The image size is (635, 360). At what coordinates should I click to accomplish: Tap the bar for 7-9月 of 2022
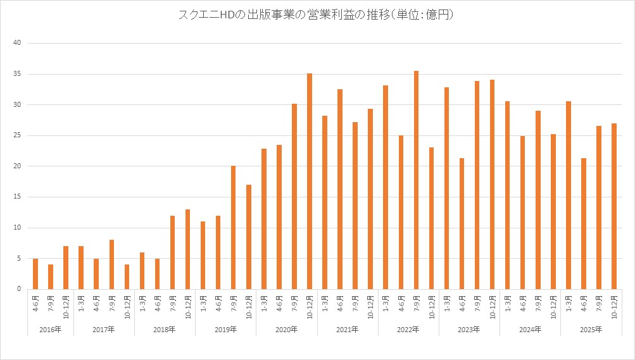tap(416, 180)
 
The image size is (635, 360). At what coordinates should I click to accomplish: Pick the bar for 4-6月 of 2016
tap(35, 274)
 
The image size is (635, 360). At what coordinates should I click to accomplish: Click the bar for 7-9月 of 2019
tap(233, 228)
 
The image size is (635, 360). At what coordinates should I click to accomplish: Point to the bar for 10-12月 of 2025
tap(614, 206)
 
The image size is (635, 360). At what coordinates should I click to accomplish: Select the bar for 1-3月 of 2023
tap(446, 189)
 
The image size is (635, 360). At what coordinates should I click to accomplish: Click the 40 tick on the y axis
tap(18, 43)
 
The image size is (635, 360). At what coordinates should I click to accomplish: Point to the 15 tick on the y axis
tap(18, 197)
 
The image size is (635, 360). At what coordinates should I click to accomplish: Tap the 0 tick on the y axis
tap(20, 289)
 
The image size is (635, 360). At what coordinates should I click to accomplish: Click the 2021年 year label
tap(348, 330)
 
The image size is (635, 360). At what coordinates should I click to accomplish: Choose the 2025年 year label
tap(591, 330)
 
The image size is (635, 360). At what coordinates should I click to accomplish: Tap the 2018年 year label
tap(165, 330)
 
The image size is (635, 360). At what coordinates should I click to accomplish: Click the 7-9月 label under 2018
tap(172, 305)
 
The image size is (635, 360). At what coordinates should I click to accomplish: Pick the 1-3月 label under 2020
tap(264, 305)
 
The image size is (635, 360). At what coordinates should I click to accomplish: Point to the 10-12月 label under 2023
tap(492, 307)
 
